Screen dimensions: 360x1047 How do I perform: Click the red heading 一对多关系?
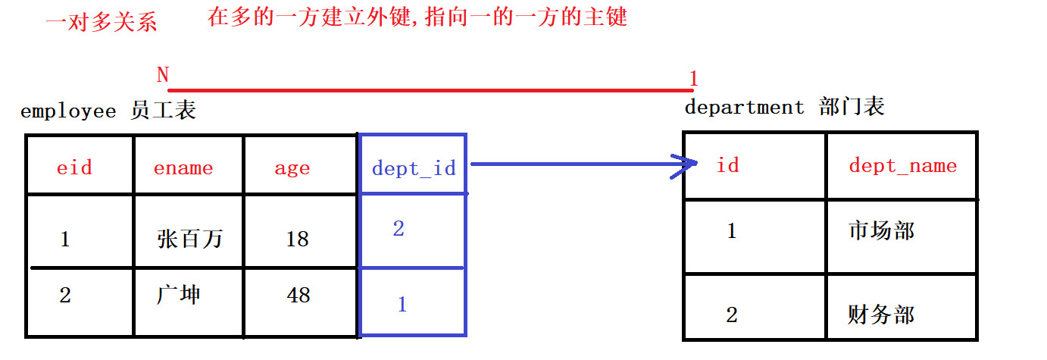tap(102, 22)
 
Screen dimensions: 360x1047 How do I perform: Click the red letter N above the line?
tap(162, 75)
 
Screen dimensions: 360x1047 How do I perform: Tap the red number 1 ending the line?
tap(693, 79)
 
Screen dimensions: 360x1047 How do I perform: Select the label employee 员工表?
tap(108, 111)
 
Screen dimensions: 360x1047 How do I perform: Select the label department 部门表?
tap(783, 108)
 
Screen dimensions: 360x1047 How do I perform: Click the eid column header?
tap(74, 167)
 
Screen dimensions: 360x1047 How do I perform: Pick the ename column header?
tap(183, 167)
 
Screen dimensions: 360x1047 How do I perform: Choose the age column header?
tap(292, 167)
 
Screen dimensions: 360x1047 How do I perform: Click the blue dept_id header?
tap(414, 167)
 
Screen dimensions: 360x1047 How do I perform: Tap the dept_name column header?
tap(902, 165)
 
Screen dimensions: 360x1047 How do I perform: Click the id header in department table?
tap(727, 164)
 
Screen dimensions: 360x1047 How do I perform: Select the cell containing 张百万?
tap(189, 239)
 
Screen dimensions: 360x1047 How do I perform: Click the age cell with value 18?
tap(297, 239)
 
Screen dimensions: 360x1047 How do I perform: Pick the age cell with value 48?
tap(298, 294)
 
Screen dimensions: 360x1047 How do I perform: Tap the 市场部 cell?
tap(881, 230)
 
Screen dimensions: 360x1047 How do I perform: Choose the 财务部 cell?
tap(881, 314)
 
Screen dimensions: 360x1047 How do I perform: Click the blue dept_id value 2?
tap(398, 228)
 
